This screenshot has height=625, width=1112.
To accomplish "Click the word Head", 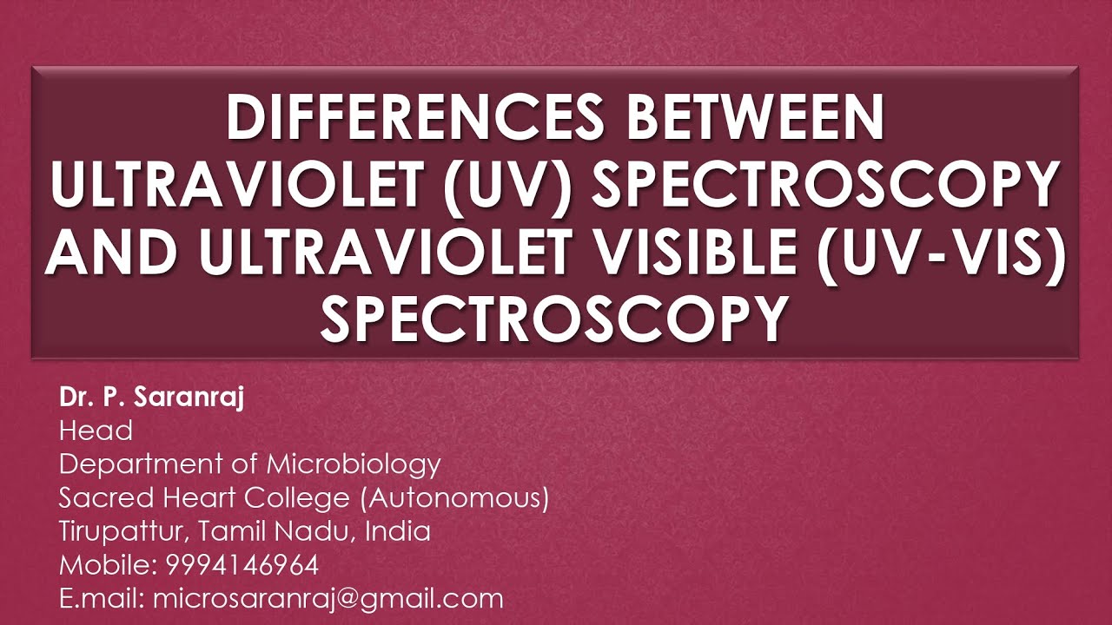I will [x=96, y=431].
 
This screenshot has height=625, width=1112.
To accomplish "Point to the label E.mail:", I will [x=102, y=599].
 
